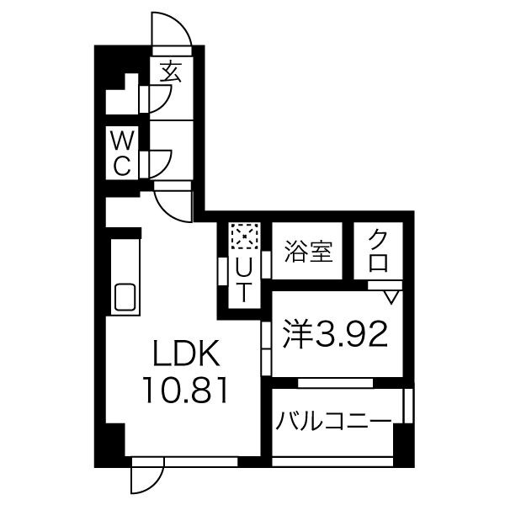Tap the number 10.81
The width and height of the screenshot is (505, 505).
tap(186, 391)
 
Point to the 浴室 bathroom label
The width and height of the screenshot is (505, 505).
tap(310, 250)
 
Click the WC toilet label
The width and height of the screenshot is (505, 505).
tap(123, 152)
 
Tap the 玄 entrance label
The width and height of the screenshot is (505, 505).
tap(171, 72)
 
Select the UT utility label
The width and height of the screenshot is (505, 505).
tap(243, 279)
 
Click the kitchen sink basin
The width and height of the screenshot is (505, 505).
tap(125, 298)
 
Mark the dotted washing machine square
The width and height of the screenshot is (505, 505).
tap(243, 237)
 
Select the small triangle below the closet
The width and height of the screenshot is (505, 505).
tap(391, 296)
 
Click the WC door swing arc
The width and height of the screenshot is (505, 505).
tap(161, 162)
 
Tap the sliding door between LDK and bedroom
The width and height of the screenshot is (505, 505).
tap(265, 345)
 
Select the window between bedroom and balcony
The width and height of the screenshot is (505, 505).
tap(335, 383)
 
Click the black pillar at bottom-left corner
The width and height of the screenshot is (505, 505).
tap(109, 449)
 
